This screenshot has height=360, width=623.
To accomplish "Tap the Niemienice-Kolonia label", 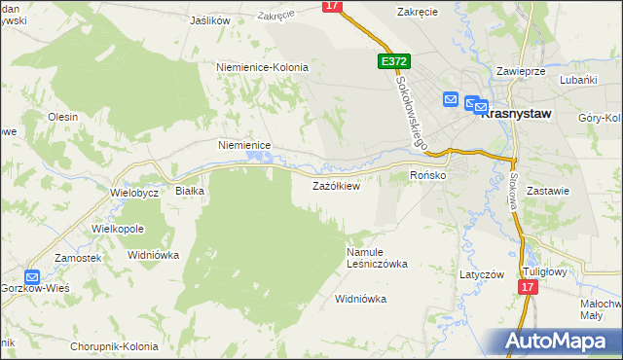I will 262,67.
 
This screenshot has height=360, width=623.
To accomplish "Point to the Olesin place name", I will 62,117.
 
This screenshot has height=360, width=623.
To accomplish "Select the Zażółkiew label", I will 336,186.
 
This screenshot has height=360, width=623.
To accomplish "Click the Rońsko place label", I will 427,175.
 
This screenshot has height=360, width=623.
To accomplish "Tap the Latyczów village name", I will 482,274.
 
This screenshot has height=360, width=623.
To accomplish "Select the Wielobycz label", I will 134,192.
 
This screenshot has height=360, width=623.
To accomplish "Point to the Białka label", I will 189,191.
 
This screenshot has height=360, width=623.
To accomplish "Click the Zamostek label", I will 78,257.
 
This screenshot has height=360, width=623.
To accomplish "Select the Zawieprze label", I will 520,72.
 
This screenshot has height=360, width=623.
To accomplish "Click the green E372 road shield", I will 394,61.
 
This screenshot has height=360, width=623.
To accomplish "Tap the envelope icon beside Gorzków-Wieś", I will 31,276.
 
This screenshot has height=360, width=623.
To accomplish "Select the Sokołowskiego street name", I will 414,113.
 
